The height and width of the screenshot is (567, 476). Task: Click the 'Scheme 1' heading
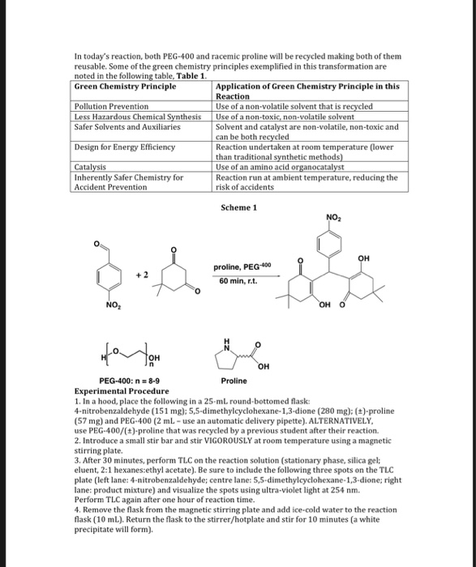[238, 207]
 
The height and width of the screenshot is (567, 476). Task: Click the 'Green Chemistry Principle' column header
[125, 86]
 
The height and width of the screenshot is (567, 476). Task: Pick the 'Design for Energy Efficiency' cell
[124, 147]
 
